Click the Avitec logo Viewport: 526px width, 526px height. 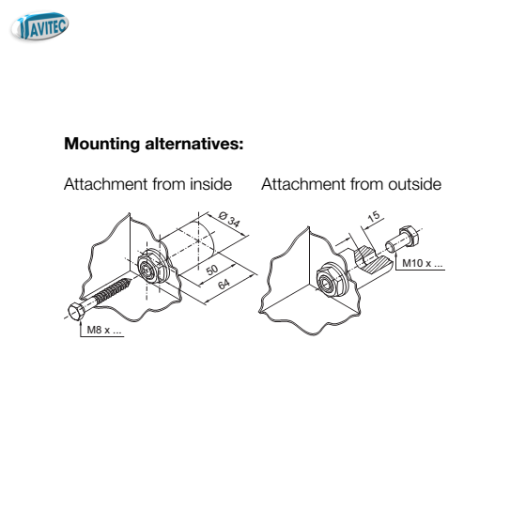39,26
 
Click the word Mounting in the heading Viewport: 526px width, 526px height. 102,144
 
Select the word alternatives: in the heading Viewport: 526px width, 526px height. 194,144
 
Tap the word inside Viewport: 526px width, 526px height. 211,184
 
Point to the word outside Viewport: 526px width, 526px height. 415,184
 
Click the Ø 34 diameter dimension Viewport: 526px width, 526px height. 229,220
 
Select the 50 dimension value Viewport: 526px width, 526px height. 211,271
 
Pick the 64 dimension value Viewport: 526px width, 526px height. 224,284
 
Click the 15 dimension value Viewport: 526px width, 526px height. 374,217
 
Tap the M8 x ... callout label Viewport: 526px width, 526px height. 104,330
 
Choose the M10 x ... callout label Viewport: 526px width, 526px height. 423,263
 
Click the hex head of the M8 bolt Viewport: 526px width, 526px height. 76,311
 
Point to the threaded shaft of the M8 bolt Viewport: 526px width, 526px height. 112,290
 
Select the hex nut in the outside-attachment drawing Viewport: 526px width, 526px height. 331,280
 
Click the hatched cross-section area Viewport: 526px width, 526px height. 372,260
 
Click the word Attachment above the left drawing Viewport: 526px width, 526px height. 105,184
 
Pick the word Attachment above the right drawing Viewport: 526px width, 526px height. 303,184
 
